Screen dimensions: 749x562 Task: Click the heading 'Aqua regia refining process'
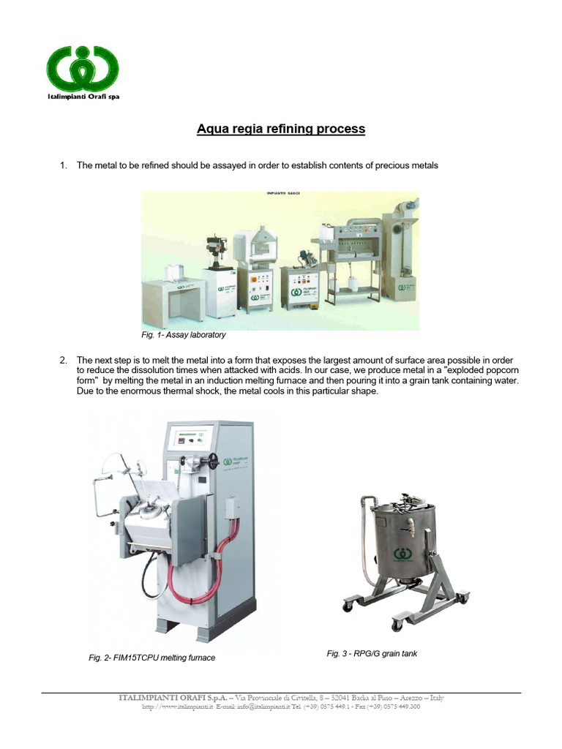point(281,129)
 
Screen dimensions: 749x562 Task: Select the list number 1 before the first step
point(63,166)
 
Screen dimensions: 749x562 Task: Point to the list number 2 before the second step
point(63,361)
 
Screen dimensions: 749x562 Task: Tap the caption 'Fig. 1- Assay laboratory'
point(184,335)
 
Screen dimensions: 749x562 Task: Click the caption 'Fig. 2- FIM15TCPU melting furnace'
point(152,658)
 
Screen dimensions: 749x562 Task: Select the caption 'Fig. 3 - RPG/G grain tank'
point(372,653)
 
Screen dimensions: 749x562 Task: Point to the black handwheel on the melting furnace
point(214,460)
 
